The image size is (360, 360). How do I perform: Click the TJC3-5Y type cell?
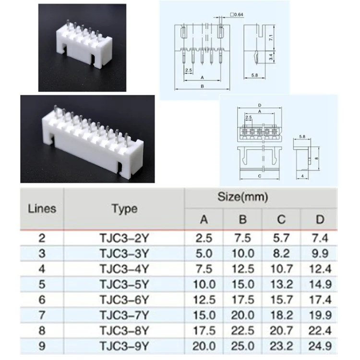124,285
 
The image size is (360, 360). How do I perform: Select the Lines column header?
42,209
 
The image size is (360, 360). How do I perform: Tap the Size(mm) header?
242,197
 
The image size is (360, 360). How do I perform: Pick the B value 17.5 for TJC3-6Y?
243,300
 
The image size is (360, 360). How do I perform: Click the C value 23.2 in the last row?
281,346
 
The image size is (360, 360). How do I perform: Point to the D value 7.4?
320,238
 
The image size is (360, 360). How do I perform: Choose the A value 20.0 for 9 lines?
204,346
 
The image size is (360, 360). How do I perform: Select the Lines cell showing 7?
42,315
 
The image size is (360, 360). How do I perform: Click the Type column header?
125,209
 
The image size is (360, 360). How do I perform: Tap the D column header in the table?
320,219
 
